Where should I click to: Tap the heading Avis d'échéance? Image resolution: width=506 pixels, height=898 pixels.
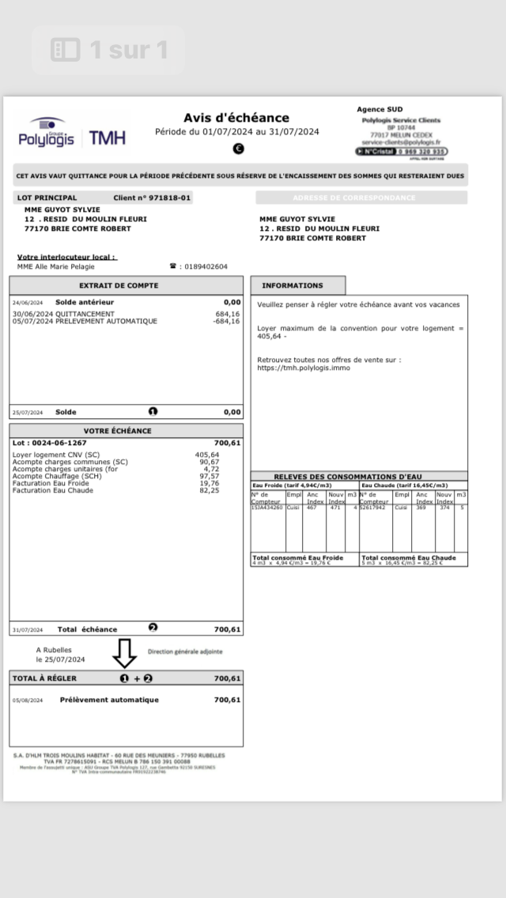pos(236,118)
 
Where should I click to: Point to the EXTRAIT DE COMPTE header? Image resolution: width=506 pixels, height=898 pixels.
pos(119,285)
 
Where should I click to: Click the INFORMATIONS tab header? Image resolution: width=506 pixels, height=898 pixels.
pos(293,285)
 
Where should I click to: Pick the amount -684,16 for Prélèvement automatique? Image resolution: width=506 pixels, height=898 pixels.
pos(226,322)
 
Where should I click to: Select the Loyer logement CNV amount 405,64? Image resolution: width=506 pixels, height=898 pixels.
pos(207,455)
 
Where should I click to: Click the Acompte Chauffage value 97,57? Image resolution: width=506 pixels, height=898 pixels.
pos(209,476)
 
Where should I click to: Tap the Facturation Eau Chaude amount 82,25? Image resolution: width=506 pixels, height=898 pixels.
pos(209,490)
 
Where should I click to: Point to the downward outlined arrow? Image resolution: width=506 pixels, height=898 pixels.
pos(124,653)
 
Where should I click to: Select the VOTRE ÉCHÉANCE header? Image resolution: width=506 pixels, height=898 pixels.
pos(118,431)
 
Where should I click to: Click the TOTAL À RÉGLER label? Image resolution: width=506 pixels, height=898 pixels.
pos(44,678)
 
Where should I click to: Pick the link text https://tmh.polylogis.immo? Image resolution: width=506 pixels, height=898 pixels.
pos(303,368)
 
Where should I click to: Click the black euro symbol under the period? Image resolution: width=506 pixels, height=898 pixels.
pos(238,149)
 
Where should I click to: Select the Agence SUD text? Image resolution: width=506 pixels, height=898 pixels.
pos(379,110)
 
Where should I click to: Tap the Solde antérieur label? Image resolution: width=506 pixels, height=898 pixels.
pos(85,302)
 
